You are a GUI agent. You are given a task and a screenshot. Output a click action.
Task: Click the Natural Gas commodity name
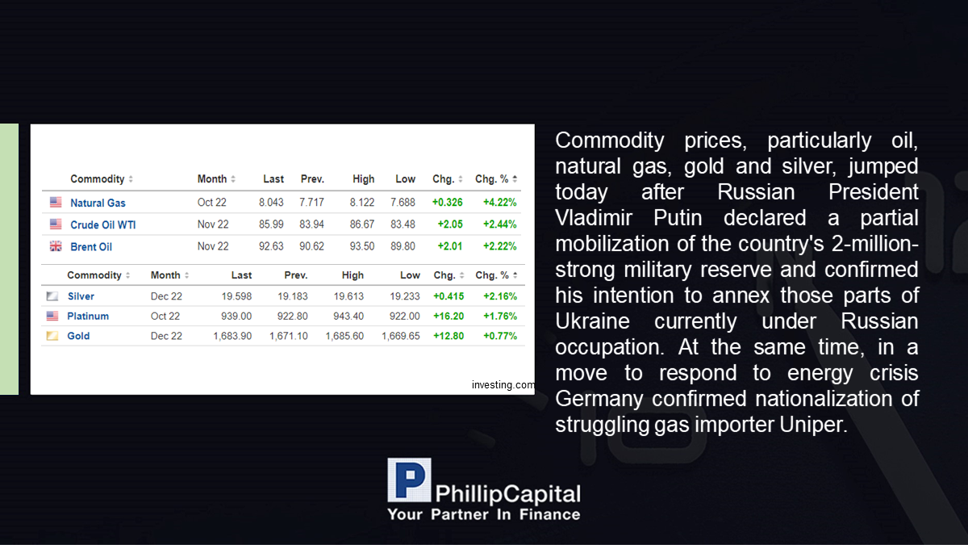[x=98, y=203]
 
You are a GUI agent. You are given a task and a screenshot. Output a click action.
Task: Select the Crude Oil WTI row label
[x=103, y=225]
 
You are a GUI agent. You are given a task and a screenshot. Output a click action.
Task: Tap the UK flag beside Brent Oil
[x=56, y=246]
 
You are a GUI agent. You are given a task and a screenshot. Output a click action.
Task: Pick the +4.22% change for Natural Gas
[x=500, y=203]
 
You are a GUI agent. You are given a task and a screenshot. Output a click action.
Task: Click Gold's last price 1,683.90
[x=232, y=336]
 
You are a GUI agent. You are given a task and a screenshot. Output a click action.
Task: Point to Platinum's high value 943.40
[x=348, y=317]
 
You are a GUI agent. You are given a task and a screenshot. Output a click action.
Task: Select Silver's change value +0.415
[x=449, y=296]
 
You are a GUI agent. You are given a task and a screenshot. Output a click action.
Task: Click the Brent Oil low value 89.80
[x=403, y=246]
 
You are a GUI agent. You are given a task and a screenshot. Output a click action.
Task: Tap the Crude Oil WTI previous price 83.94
[x=311, y=224]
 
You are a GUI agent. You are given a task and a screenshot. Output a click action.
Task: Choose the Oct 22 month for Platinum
[x=165, y=317]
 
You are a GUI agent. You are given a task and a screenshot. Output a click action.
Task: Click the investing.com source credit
[x=503, y=384]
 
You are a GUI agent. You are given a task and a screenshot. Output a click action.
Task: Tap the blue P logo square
[x=409, y=480]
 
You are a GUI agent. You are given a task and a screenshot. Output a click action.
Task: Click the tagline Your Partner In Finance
[x=483, y=514]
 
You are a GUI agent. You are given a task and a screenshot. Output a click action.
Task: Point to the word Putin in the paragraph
[x=678, y=217]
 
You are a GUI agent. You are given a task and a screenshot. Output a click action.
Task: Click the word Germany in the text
[x=599, y=399]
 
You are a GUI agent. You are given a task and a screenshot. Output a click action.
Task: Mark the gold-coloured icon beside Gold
[x=52, y=336]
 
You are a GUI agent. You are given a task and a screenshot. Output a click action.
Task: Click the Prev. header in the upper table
[x=312, y=179]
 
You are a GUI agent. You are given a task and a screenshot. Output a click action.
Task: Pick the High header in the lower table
[x=353, y=275]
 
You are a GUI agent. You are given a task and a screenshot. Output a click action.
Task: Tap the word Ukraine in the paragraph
[x=592, y=321]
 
